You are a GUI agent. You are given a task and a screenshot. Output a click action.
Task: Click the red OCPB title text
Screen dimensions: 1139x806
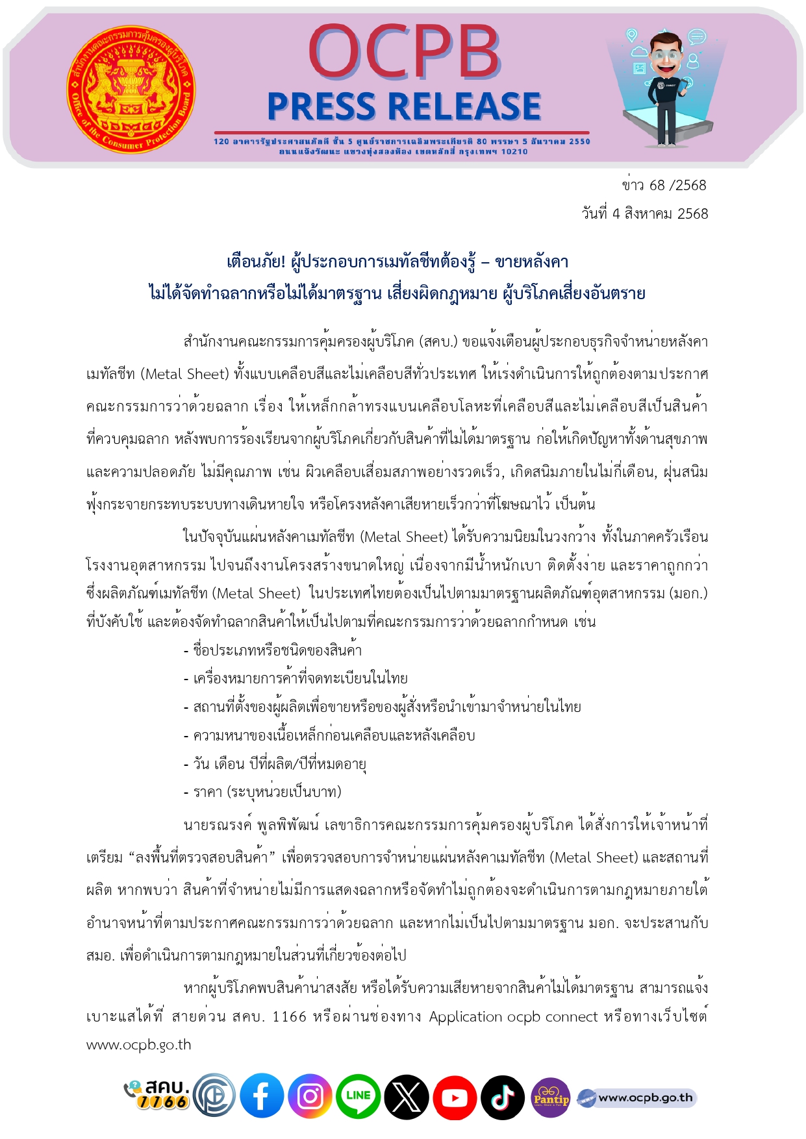[403, 52]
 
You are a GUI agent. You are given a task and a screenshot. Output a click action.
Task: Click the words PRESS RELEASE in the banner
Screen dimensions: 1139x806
[404, 106]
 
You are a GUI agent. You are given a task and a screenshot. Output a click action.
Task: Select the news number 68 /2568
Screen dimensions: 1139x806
[664, 186]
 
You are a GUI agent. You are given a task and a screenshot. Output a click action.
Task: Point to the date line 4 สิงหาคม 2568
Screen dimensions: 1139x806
[644, 214]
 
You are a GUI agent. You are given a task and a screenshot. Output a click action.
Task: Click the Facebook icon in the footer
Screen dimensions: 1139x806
[262, 1097]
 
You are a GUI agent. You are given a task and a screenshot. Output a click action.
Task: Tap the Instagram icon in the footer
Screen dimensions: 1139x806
[310, 1097]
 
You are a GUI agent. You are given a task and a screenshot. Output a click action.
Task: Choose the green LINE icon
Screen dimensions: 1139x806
[358, 1097]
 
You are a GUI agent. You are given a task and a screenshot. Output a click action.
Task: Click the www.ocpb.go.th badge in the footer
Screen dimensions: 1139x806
[636, 1098]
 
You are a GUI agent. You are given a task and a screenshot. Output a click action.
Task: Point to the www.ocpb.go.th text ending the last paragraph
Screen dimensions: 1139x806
[138, 1045]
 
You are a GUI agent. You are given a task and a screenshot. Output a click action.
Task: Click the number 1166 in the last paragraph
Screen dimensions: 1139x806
[289, 1016]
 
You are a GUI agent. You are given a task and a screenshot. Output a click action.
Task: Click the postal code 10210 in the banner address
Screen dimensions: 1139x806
[514, 152]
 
